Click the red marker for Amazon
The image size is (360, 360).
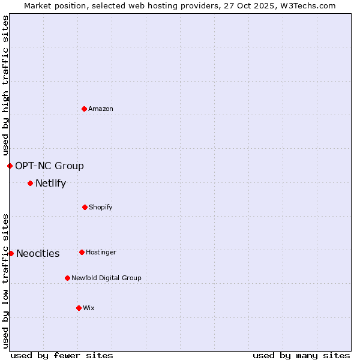coord(84,109)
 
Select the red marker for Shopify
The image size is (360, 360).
coord(85,207)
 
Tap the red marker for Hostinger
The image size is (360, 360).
coord(82,252)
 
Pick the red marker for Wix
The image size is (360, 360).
coord(79,308)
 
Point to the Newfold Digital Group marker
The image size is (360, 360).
coord(67,278)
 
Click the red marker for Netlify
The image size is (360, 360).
coord(30,183)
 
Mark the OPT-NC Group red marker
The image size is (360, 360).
coord(10,166)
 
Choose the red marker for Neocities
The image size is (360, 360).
coord(11,253)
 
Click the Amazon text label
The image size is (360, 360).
coord(101,109)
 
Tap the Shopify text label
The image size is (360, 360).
coord(101,207)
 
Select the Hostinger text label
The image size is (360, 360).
coord(101,252)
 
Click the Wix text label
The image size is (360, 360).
coord(89,308)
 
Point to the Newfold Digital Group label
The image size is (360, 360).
coord(106,278)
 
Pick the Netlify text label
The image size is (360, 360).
coord(50,183)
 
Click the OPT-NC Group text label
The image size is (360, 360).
coord(49,166)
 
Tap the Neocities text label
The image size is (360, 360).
coord(38,253)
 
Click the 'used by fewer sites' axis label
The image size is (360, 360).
coord(62,355)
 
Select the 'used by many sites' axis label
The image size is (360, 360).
coord(301,355)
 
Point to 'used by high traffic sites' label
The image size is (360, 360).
coord(5,85)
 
